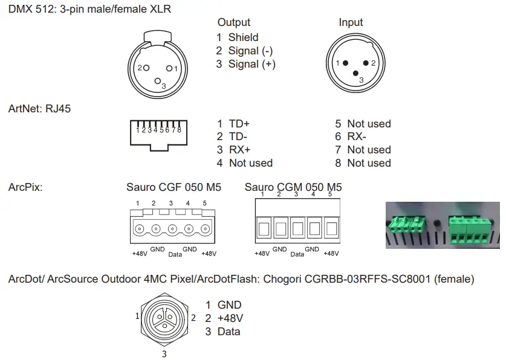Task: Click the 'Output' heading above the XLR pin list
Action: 234,22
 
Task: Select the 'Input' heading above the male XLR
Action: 351,22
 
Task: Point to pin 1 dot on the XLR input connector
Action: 346,63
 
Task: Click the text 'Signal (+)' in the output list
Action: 251,64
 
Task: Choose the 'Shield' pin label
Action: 243,37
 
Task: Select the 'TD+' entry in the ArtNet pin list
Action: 239,124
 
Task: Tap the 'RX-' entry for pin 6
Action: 357,137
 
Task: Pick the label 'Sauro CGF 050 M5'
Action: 174,187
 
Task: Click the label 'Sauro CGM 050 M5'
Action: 293,187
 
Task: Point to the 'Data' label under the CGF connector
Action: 175,255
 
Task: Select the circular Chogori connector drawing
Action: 164,318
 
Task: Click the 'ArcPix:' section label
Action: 25,187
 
